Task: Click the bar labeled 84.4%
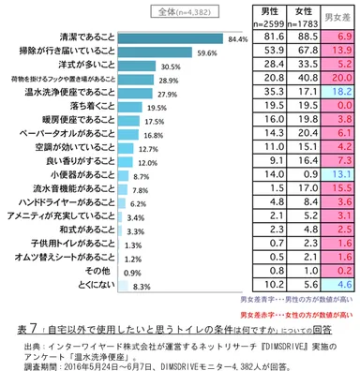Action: pos(159,40)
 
